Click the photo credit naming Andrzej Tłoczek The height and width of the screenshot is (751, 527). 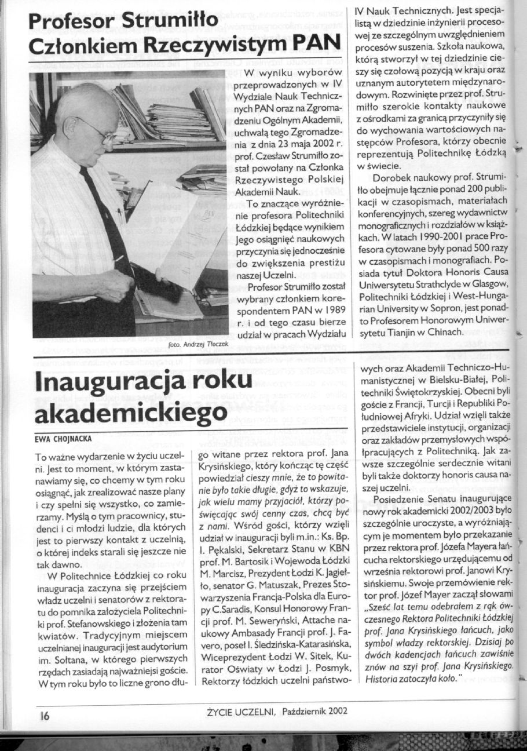[x=200, y=344]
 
